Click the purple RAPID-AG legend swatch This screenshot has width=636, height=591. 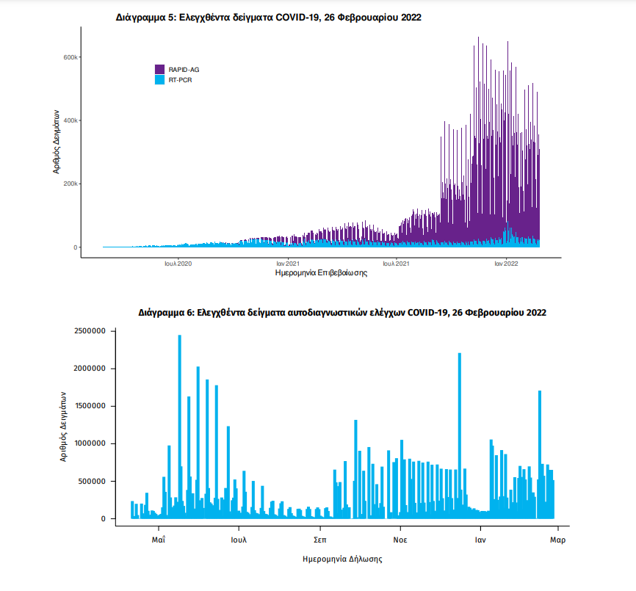coord(160,69)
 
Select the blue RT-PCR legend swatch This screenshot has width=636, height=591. coord(160,79)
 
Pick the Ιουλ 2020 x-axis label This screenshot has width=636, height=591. coord(178,263)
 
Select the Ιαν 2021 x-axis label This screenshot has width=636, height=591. coord(287,263)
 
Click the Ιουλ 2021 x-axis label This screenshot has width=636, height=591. coord(396,263)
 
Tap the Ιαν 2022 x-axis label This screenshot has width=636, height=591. coord(506,263)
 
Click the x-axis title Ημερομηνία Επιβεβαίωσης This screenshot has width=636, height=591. coord(320,273)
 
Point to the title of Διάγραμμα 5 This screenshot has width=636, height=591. coord(269,16)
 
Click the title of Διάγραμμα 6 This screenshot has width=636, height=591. coord(342,312)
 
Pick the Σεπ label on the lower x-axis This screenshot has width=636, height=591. coord(319,539)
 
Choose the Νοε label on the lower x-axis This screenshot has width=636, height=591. coord(400,539)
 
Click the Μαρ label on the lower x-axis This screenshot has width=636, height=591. coord(557,539)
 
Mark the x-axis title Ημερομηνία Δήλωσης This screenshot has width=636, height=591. coord(342,559)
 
